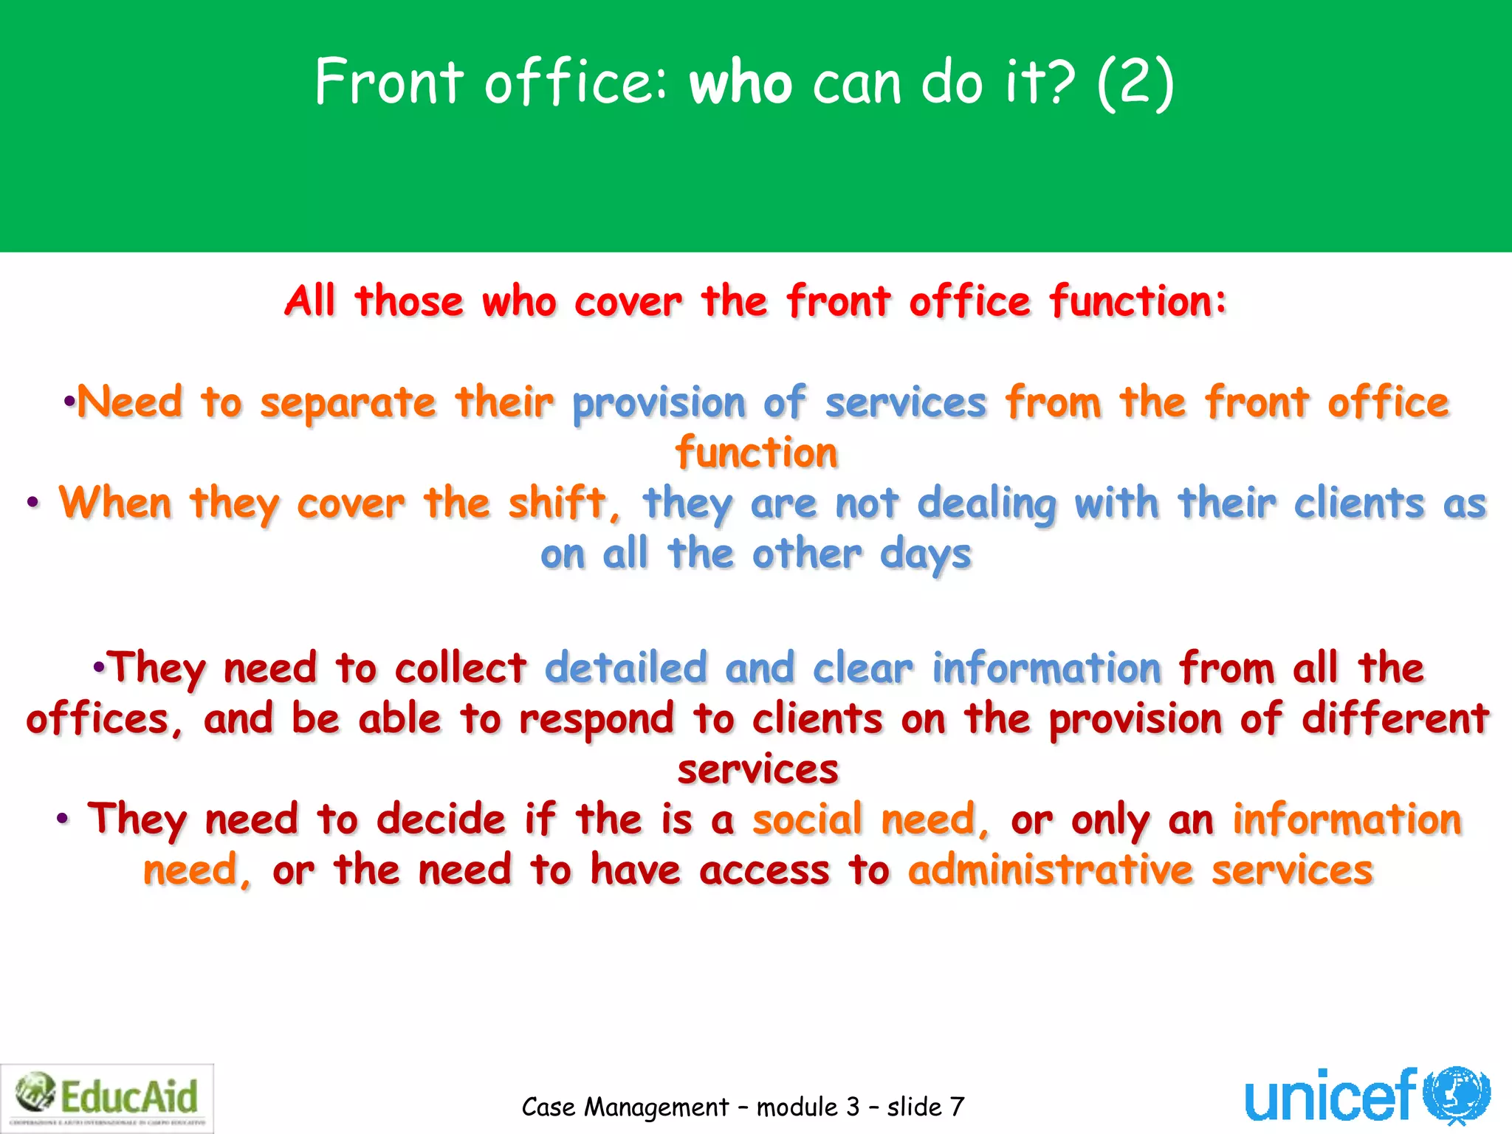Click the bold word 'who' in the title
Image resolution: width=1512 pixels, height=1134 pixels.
pyautogui.click(x=740, y=83)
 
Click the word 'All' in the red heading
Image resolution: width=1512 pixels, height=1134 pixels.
pyautogui.click(x=311, y=301)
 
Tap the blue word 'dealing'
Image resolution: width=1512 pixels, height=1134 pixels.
pyautogui.click(x=986, y=504)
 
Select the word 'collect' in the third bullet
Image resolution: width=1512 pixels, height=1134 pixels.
pyautogui.click(x=460, y=668)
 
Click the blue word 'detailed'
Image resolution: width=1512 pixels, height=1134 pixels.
pyautogui.click(x=626, y=668)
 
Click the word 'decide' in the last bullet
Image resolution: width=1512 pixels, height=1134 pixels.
pyautogui.click(x=441, y=819)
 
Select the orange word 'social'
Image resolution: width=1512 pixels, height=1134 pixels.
pyautogui.click(x=807, y=819)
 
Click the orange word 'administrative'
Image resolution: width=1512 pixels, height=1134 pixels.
pyautogui.click(x=1050, y=870)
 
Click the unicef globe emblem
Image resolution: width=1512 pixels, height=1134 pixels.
pyautogui.click(x=1456, y=1095)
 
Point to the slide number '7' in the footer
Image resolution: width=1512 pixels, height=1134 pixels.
pyautogui.click(x=957, y=1107)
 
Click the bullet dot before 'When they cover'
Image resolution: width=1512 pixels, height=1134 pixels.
pyautogui.click(x=32, y=504)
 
